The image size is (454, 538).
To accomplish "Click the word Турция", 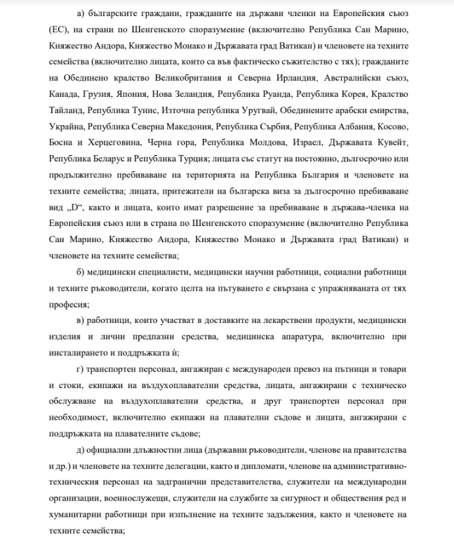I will pyautogui.click(x=187, y=158).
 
